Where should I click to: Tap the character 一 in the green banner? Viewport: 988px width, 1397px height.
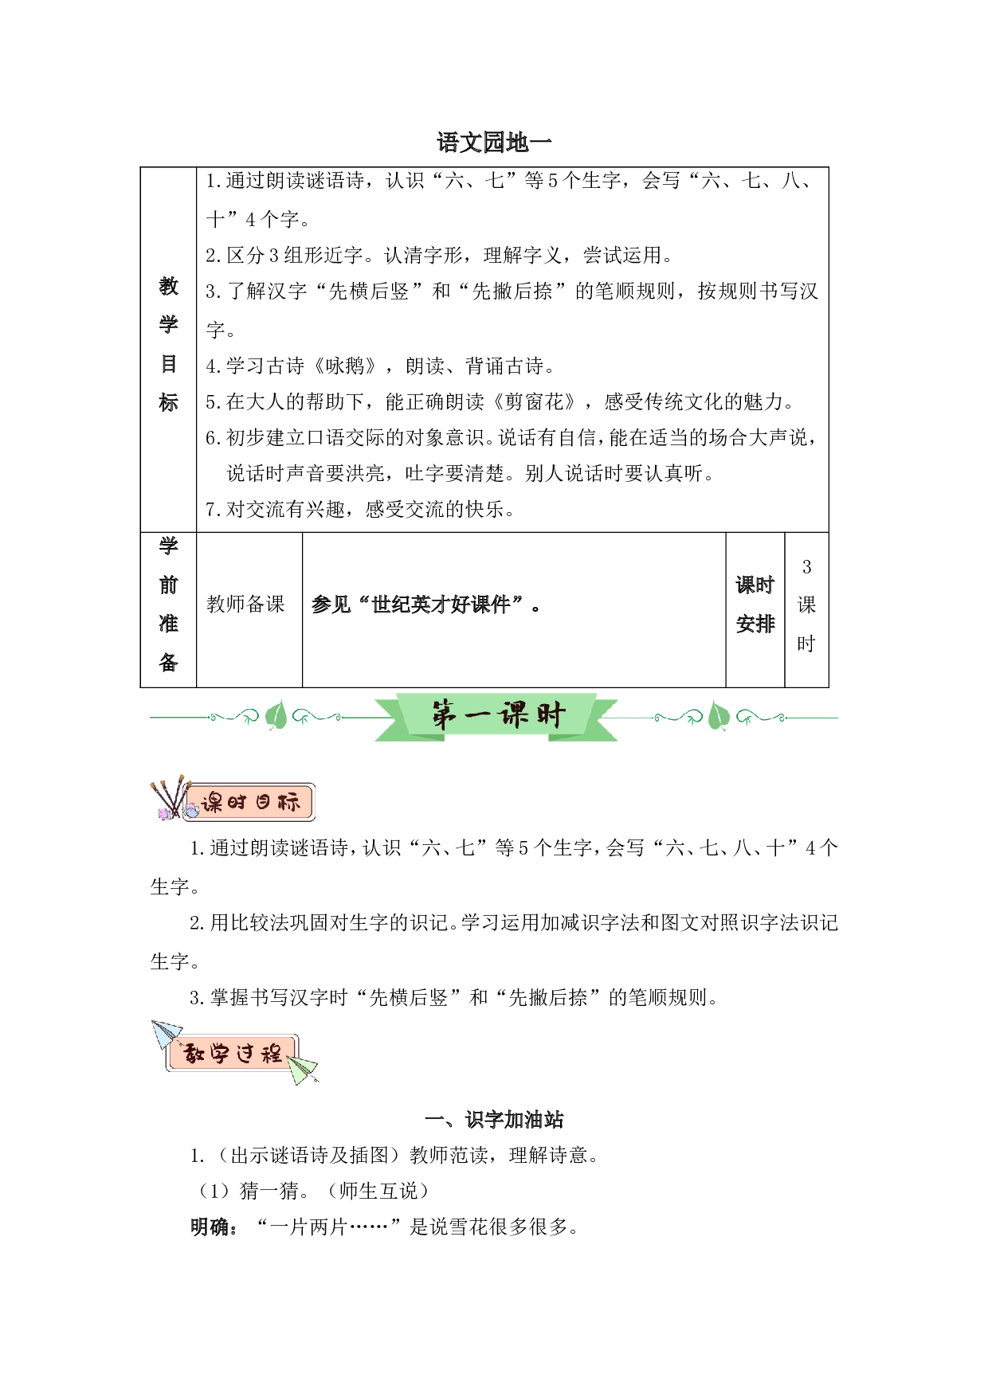[480, 716]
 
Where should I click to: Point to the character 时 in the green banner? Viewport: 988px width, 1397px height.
[550, 714]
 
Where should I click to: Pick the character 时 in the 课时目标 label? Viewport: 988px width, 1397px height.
[237, 802]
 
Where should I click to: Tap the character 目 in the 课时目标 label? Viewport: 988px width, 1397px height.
[263, 802]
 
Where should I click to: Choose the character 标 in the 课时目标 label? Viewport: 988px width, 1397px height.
[288, 802]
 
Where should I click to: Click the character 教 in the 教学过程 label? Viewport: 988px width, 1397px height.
[194, 1055]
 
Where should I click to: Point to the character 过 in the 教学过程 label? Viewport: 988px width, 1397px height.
[245, 1055]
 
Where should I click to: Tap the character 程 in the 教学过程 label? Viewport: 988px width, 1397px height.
[272, 1055]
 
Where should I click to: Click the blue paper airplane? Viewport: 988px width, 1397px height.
[165, 1034]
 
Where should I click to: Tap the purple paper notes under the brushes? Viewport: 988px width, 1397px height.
[164, 813]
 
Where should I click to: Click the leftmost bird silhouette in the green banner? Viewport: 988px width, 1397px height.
[248, 722]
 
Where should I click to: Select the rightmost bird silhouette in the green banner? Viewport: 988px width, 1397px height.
[747, 722]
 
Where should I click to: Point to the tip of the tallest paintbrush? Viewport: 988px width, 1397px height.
[182, 778]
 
